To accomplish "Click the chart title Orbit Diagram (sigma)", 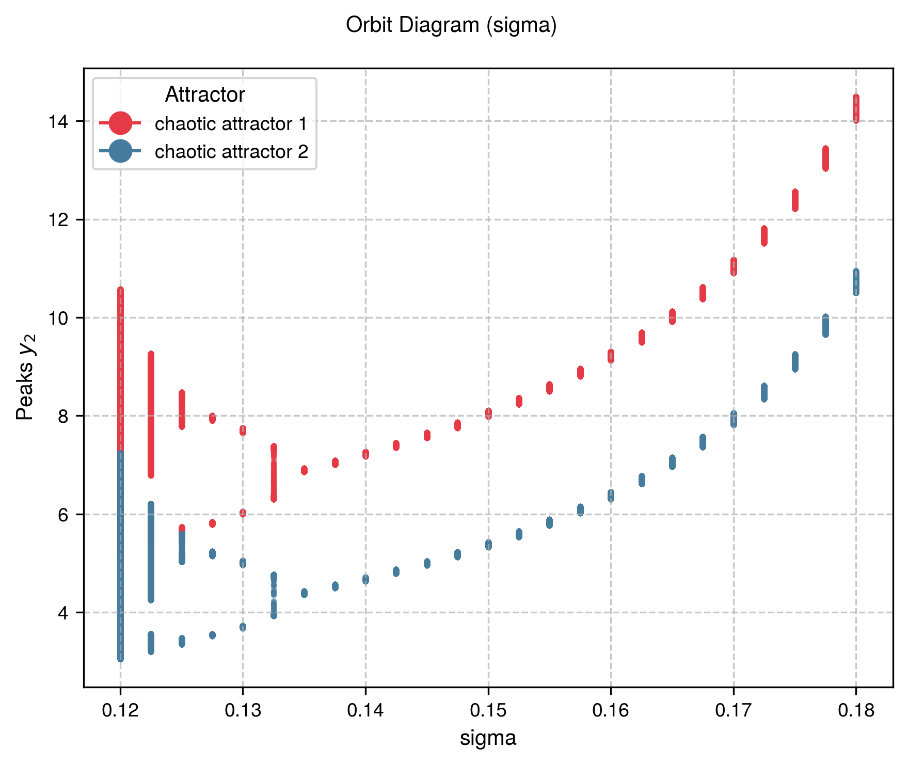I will click(451, 25).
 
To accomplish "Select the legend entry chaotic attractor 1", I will click(231, 124).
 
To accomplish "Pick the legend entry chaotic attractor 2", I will click(231, 152).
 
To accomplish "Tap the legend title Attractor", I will click(204, 95).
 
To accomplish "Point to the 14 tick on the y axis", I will click(58, 122).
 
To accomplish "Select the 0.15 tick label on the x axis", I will click(488, 711).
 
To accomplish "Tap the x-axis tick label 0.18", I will click(856, 711).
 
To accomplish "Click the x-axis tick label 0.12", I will click(120, 711).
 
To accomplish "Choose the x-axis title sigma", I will click(488, 738).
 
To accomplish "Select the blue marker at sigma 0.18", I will click(856, 282).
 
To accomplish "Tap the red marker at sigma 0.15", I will click(488, 413).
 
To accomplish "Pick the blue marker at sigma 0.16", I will click(611, 496).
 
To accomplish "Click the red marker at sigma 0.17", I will click(734, 266).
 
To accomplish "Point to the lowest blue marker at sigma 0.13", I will click(243, 627).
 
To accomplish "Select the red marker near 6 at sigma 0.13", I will click(243, 513).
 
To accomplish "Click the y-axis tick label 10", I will click(58, 318).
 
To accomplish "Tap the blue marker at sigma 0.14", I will click(365, 579).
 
